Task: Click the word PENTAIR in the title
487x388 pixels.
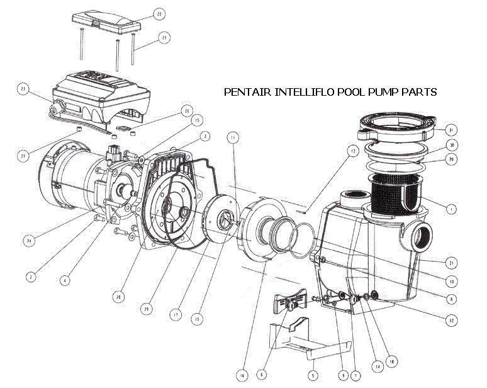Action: tap(246, 92)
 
